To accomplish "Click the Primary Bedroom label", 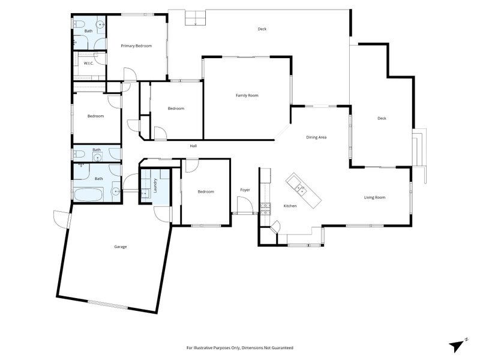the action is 136,46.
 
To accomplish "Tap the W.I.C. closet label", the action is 88,64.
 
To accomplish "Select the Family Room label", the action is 247,95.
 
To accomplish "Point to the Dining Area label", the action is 316,137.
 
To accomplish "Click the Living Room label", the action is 374,197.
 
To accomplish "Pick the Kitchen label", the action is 290,206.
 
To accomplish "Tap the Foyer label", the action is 245,190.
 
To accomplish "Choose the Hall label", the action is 193,146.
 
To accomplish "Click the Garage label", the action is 121,247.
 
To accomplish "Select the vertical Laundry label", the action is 155,185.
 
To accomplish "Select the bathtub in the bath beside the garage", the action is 89,194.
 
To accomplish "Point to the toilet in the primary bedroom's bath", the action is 80,23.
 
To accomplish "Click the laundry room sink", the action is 145,193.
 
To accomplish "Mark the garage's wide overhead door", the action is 107,305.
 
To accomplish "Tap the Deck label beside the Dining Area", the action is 382,118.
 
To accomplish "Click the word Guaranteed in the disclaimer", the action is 283,348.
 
